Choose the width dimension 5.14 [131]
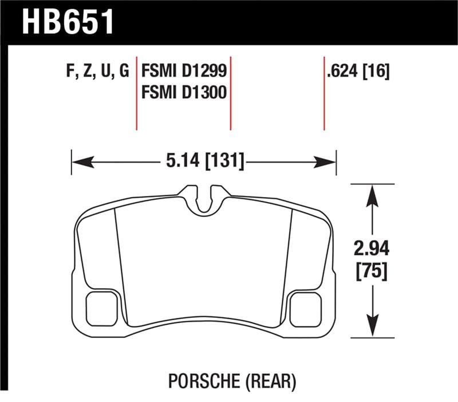203,161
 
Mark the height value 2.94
373,249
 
